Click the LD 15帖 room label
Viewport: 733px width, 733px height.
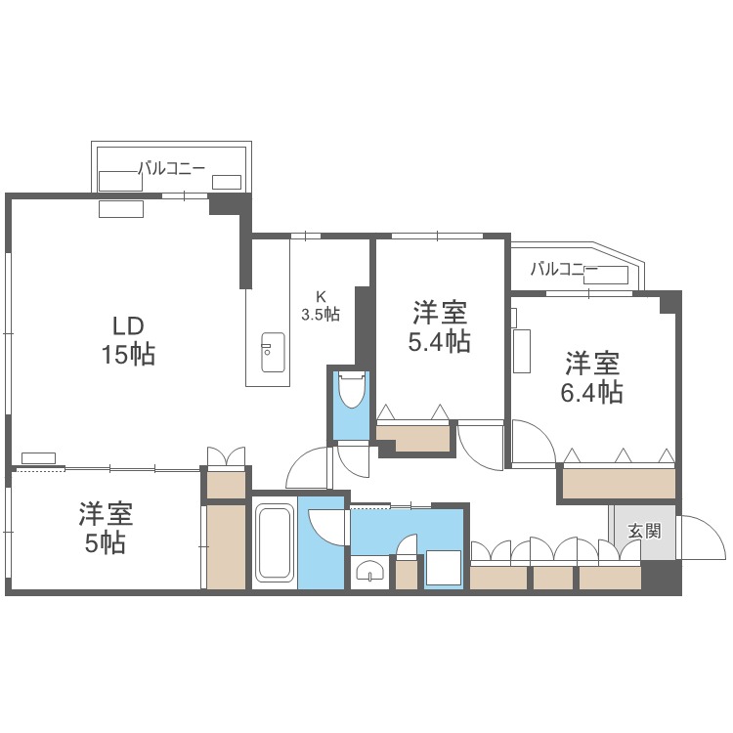pos(128,339)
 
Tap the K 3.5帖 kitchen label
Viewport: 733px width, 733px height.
pos(320,306)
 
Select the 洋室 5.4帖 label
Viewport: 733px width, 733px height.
pos(439,327)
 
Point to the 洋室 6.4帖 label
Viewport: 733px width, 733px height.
pos(593,378)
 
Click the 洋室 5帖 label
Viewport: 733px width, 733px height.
pos(106,528)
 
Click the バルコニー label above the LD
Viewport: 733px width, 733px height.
pos(171,168)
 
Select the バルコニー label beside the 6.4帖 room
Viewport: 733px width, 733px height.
pos(564,269)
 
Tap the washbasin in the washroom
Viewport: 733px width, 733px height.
pos(368,571)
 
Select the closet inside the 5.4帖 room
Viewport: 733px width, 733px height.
pos(414,435)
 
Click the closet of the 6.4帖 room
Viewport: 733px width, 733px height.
pos(618,482)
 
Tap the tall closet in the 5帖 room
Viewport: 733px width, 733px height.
pos(226,544)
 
